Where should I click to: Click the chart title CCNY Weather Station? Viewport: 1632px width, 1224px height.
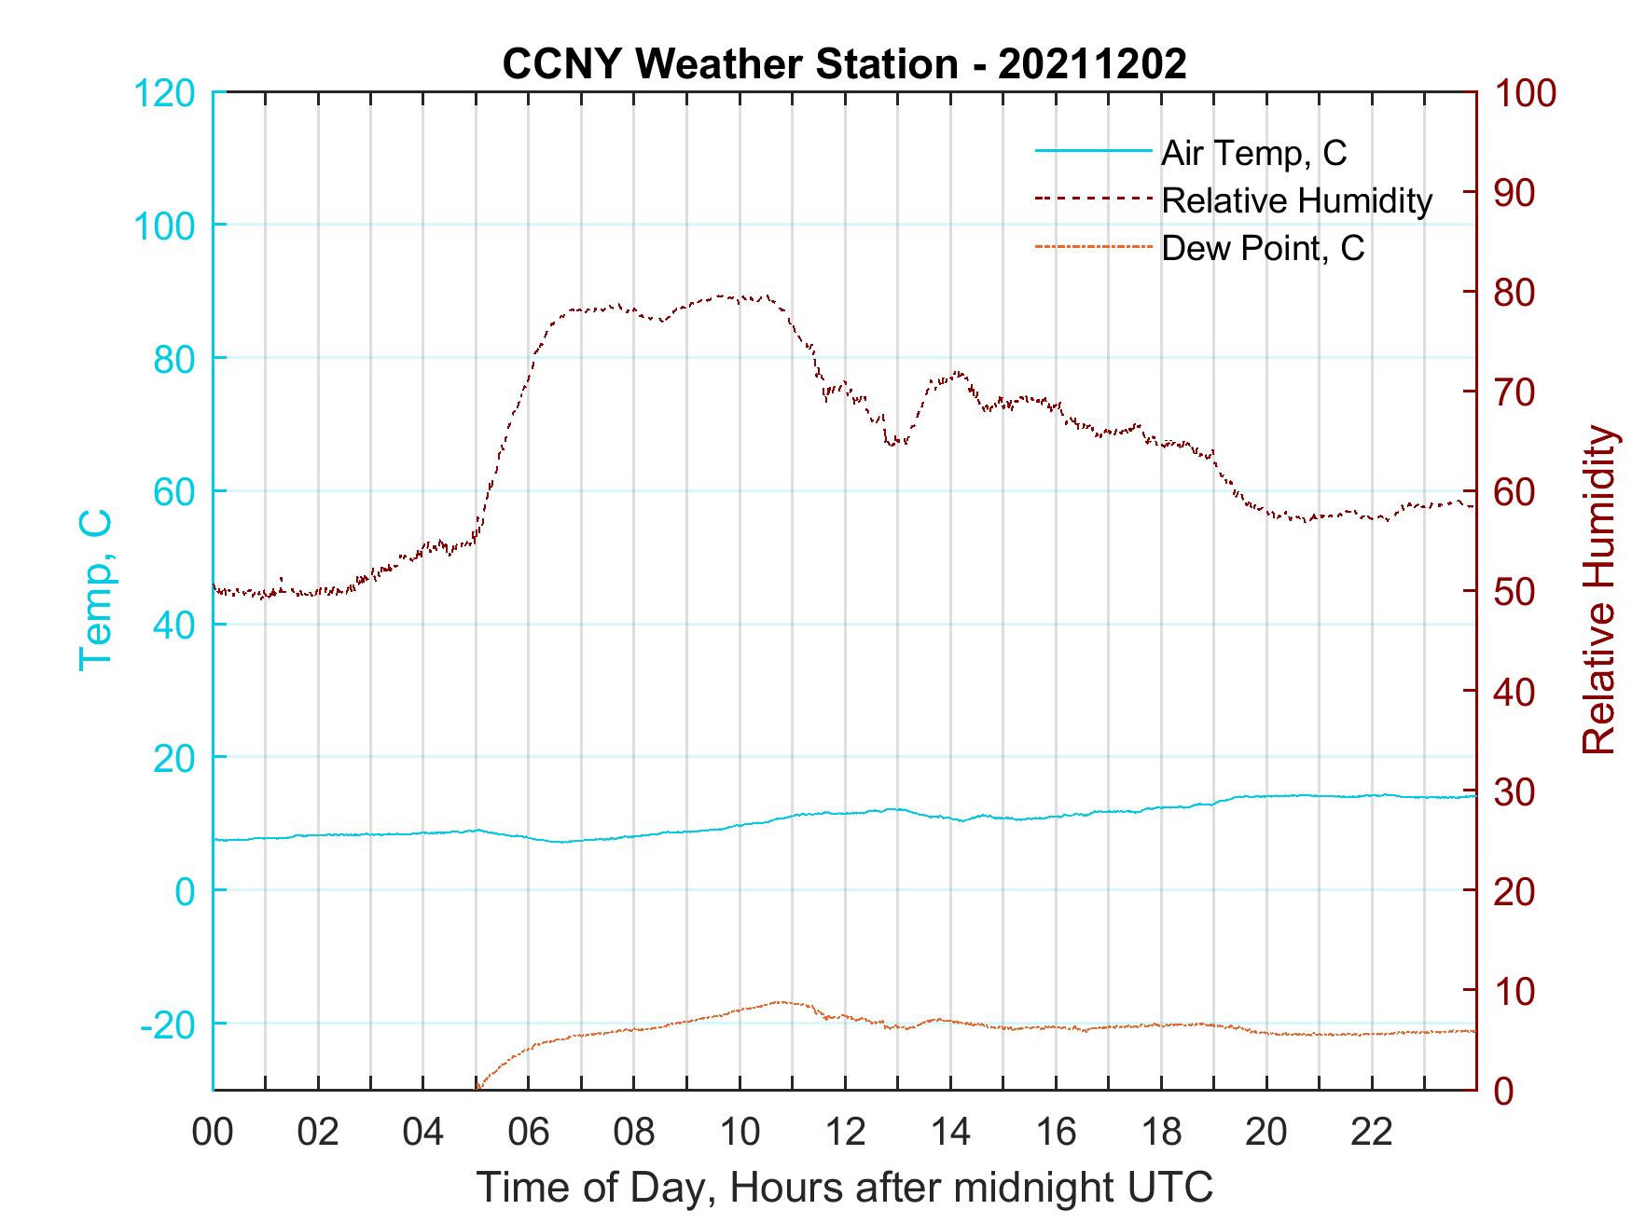(x=844, y=64)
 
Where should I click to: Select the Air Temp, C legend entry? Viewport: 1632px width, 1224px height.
(x=1253, y=153)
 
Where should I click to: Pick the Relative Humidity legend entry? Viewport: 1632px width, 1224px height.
(x=1296, y=200)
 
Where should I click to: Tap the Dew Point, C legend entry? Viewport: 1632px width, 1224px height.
(x=1263, y=249)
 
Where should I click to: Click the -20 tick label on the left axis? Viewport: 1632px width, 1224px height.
(x=168, y=1025)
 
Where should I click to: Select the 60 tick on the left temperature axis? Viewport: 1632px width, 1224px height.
(x=173, y=492)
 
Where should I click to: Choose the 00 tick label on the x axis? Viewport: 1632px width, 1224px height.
(x=213, y=1133)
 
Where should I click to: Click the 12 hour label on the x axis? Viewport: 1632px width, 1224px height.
(x=845, y=1133)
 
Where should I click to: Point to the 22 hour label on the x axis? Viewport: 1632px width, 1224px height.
(x=1372, y=1133)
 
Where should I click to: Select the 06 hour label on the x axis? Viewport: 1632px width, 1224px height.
(x=529, y=1133)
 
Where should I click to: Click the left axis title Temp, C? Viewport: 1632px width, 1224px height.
(x=95, y=589)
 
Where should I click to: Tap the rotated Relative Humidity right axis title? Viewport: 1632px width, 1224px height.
(x=1598, y=589)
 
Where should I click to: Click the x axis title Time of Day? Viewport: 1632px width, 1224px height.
(x=845, y=1188)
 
